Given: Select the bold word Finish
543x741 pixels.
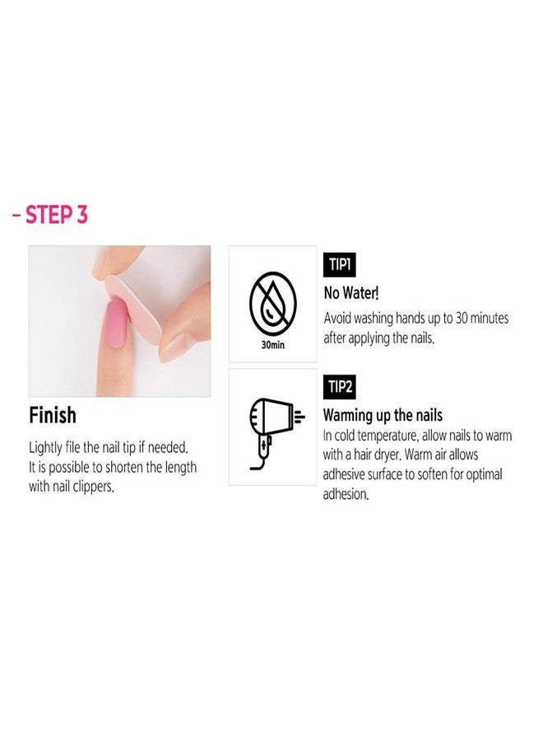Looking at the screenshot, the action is click(x=53, y=416).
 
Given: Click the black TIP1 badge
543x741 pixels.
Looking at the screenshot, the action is click(x=340, y=264).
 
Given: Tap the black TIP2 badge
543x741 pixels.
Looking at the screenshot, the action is click(x=340, y=387).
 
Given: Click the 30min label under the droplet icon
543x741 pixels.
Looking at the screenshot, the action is click(x=273, y=346).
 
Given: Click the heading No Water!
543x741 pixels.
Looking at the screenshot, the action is click(x=351, y=293).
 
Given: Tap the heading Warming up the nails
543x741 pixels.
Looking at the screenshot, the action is click(x=383, y=416).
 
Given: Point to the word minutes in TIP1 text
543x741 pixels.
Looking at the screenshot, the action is click(x=490, y=318).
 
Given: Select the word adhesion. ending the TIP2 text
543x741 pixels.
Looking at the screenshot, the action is click(x=346, y=494).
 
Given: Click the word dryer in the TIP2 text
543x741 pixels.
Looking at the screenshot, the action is click(x=388, y=455).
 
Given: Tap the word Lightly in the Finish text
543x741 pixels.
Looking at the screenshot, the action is click(x=45, y=448).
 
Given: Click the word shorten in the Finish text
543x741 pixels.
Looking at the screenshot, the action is click(x=123, y=467).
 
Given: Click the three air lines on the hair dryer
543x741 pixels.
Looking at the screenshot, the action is click(x=299, y=417).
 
